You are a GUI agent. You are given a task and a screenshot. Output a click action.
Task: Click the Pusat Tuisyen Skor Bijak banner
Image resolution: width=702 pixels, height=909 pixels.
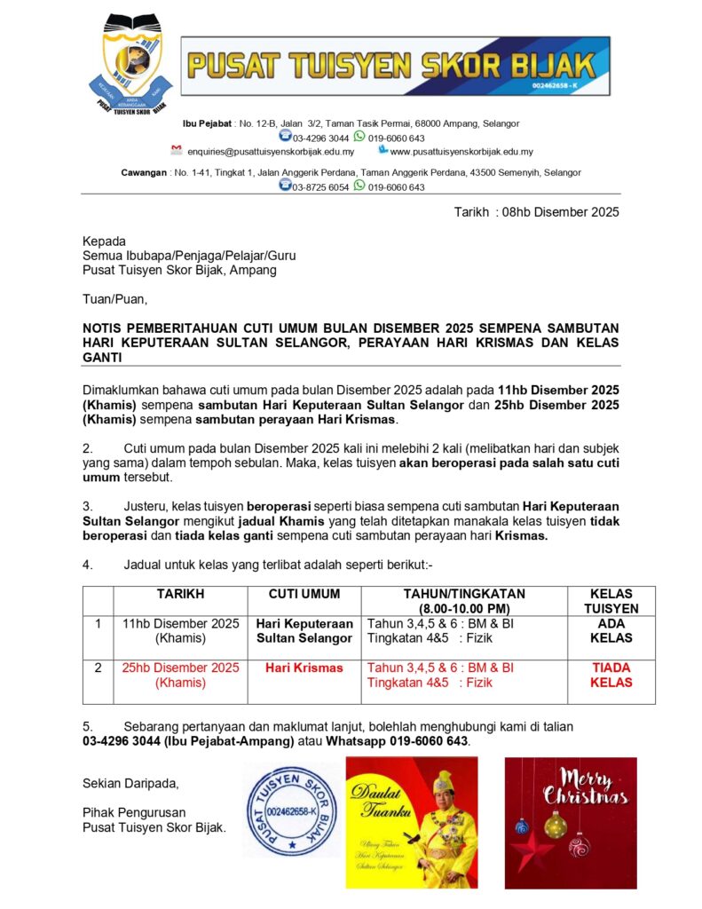[396, 66]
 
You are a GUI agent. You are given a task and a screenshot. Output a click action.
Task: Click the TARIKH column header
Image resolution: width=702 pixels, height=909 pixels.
[181, 594]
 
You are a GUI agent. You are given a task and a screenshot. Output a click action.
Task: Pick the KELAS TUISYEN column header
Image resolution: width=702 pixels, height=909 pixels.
[611, 601]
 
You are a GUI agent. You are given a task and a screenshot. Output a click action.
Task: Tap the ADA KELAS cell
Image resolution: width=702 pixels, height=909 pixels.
[611, 630]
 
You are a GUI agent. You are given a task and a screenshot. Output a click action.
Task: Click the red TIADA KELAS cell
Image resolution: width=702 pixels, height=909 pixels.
[611, 675]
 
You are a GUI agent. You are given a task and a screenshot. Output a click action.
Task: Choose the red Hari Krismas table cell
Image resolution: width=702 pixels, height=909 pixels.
[304, 668]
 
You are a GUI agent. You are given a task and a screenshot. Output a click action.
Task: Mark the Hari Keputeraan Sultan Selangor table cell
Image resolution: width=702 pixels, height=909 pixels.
[304, 630]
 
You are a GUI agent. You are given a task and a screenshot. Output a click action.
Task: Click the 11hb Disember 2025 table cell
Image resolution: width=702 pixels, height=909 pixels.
[181, 630]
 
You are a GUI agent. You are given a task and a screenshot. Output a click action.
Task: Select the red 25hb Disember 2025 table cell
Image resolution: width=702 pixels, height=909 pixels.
[181, 675]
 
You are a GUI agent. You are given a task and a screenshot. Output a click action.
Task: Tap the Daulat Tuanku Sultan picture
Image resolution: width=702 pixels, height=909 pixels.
[412, 822]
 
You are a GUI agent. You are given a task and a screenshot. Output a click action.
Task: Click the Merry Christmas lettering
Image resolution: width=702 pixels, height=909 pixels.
[587, 787]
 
